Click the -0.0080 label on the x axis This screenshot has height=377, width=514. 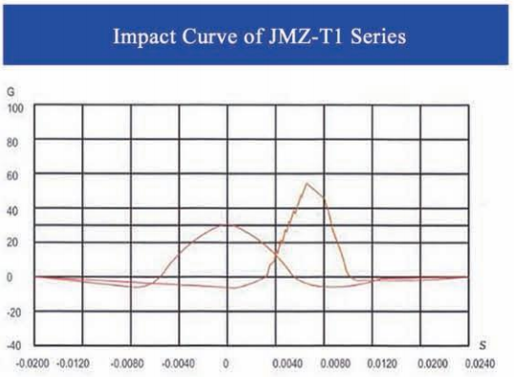pyautogui.click(x=130, y=365)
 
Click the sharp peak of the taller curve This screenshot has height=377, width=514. pyautogui.click(x=308, y=184)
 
